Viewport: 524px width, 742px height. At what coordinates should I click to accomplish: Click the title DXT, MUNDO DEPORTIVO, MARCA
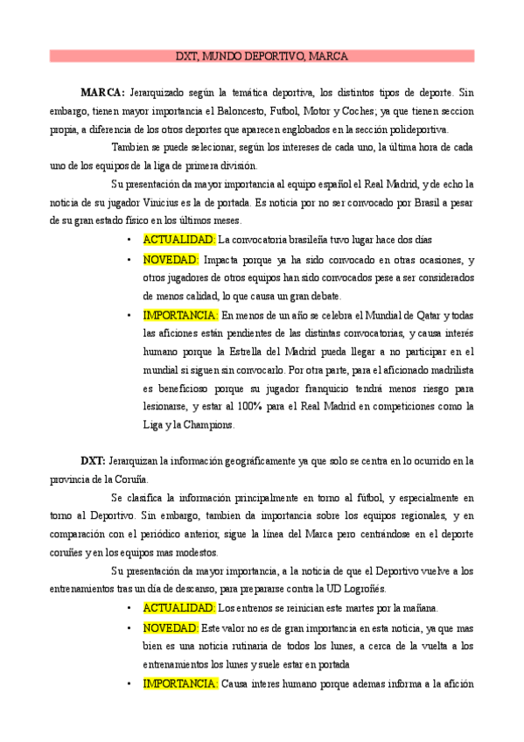point(262,56)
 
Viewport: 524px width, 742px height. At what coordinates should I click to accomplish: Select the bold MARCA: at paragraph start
point(102,92)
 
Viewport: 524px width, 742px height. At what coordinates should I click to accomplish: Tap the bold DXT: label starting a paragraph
point(94,460)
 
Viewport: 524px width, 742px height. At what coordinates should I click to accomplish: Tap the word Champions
point(208,425)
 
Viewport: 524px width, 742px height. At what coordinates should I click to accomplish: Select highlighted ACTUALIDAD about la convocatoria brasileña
point(179,240)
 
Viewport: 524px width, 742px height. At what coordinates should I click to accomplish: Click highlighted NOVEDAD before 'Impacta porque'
point(171,260)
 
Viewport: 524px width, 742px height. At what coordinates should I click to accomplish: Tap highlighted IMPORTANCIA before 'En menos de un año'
point(180,315)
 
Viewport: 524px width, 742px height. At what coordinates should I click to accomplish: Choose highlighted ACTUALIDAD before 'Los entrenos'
point(179,608)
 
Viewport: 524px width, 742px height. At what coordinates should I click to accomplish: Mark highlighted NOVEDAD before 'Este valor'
point(171,628)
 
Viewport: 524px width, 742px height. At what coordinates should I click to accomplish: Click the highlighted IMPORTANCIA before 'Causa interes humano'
point(180,683)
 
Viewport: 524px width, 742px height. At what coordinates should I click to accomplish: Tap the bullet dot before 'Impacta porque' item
point(129,260)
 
